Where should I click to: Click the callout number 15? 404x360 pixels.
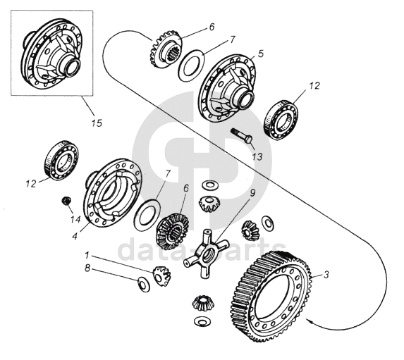point(97,123)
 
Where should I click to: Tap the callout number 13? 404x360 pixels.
point(257,156)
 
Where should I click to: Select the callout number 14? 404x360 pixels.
point(75,219)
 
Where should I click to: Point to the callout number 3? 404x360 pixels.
point(326,275)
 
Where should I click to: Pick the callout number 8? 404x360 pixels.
point(87,268)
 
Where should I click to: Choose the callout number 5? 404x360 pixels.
point(261,54)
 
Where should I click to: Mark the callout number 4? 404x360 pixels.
point(75,236)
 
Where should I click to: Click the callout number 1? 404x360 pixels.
point(87,256)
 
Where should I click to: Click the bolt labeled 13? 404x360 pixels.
point(241,135)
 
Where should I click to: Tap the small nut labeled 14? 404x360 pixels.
point(67,201)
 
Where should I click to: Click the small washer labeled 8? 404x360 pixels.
point(144,284)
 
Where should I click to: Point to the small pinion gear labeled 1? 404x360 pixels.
point(161,275)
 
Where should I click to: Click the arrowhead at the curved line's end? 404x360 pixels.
point(308,321)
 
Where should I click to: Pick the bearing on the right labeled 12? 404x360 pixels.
point(281,120)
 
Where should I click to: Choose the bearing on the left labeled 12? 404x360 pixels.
point(62,161)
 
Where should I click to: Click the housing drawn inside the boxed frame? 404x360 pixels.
point(52,54)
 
